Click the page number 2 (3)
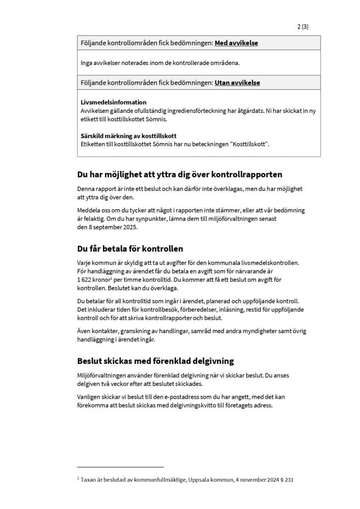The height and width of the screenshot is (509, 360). tap(303, 26)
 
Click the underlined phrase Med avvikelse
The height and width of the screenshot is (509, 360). tap(236, 43)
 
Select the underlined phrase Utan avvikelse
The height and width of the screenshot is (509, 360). tap(237, 83)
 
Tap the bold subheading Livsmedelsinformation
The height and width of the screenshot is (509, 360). tap(113, 102)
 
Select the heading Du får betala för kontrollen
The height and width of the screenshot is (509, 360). tap(130, 249)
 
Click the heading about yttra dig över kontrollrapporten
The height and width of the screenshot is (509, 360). tap(179, 175)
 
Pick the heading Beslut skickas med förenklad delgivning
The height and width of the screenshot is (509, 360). tap(155, 361)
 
